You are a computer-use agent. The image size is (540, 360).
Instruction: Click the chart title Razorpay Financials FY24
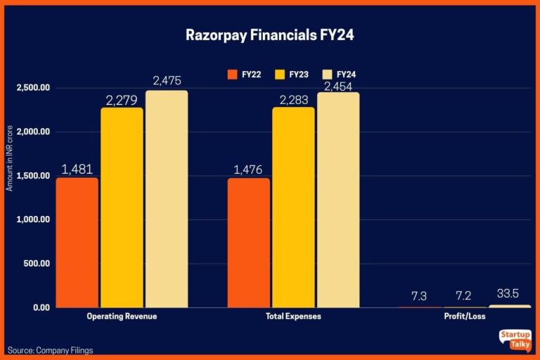point(270,34)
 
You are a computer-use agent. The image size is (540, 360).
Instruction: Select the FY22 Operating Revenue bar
point(77,243)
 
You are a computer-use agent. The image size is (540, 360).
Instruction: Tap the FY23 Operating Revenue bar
point(122,207)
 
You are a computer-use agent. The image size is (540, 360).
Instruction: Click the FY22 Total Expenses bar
point(249,243)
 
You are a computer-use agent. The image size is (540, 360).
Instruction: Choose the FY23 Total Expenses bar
point(293,207)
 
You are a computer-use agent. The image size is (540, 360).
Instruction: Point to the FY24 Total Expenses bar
point(338,200)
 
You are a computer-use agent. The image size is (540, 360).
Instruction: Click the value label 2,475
point(167,80)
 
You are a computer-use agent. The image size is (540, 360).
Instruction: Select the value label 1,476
point(249,169)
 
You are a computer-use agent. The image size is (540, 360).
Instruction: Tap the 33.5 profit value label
point(510,295)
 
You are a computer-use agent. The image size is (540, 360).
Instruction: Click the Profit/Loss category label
point(465,316)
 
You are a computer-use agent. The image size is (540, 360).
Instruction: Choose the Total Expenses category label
point(293,316)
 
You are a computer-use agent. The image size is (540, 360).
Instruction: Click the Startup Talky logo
point(514,340)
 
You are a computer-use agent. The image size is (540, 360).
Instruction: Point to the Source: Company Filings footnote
point(51,349)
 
